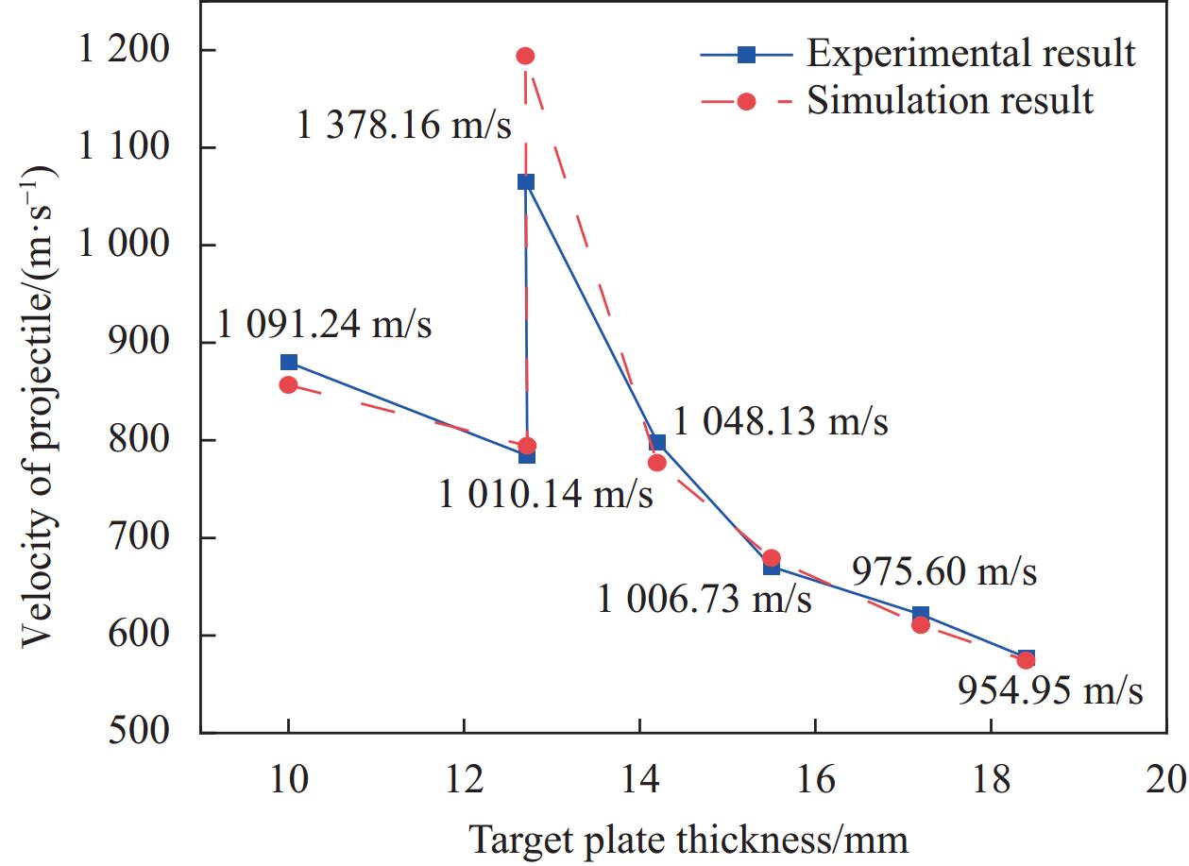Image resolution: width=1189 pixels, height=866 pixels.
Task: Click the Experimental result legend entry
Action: tap(970, 54)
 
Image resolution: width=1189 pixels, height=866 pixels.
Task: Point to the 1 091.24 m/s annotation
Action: tap(324, 326)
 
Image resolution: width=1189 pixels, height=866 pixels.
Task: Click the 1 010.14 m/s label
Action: tap(545, 494)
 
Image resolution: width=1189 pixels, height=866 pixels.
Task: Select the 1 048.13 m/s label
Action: tap(781, 422)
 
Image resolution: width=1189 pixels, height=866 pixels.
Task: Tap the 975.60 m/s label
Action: tap(944, 572)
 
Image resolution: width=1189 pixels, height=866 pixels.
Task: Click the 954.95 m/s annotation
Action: tap(1050, 691)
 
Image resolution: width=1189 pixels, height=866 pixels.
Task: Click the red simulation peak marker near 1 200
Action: tap(525, 56)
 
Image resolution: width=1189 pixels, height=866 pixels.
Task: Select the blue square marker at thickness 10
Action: tap(289, 363)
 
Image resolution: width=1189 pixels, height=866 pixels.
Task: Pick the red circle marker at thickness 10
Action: tap(289, 384)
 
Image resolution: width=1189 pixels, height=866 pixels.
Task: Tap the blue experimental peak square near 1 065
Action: tap(526, 182)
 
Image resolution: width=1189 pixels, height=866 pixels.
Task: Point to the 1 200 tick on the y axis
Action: tap(142, 50)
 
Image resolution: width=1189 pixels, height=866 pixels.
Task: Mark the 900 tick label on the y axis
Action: tap(154, 342)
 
